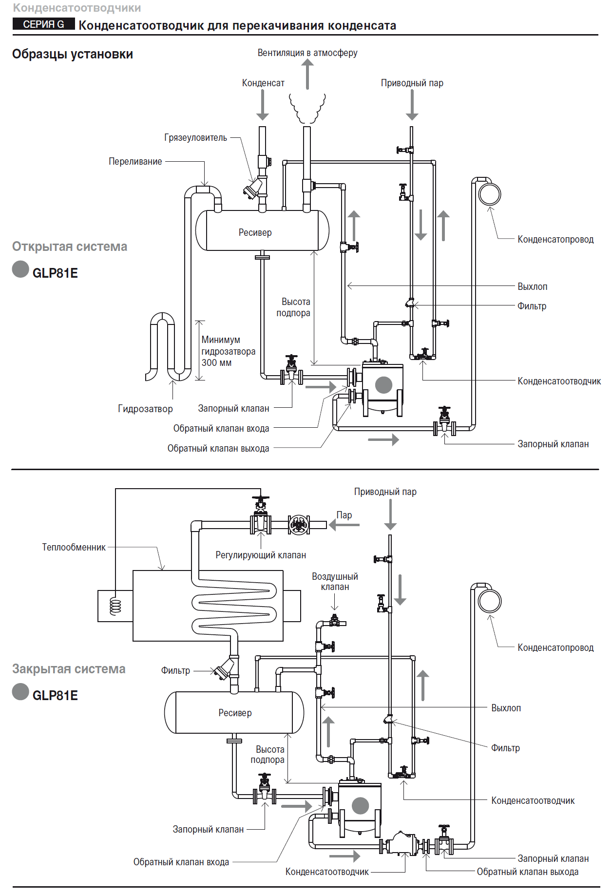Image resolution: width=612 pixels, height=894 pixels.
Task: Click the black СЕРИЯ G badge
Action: click(44, 24)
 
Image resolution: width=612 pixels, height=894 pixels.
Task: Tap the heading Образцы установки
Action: click(73, 54)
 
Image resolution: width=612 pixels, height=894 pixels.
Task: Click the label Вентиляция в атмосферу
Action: click(307, 53)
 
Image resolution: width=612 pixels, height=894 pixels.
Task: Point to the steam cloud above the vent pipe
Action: click(307, 108)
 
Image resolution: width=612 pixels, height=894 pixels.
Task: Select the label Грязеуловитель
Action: click(196, 137)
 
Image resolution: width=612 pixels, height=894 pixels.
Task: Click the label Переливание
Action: click(135, 161)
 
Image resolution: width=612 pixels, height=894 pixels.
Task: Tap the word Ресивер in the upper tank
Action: click(255, 232)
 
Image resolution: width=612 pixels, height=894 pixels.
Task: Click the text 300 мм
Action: click(217, 362)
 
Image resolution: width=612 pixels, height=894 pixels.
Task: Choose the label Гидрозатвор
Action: click(145, 409)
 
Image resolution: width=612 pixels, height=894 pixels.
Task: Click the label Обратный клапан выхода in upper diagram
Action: click(218, 448)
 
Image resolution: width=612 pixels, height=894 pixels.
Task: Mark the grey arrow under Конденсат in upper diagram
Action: click(263, 105)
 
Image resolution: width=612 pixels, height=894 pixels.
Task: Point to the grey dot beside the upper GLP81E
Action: click(20, 269)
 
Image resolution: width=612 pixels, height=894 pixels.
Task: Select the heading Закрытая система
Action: click(69, 669)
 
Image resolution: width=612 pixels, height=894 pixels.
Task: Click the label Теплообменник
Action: click(74, 547)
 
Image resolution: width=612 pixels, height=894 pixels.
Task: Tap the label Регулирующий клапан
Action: click(261, 555)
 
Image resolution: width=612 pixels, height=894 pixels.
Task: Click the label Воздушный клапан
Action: click(335, 582)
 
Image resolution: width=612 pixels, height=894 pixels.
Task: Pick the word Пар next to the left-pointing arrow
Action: click(344, 515)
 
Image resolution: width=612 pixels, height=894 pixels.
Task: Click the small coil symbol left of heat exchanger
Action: click(115, 606)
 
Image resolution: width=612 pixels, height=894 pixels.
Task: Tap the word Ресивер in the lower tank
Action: click(235, 713)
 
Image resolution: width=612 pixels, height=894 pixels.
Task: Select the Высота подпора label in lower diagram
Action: click(268, 755)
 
